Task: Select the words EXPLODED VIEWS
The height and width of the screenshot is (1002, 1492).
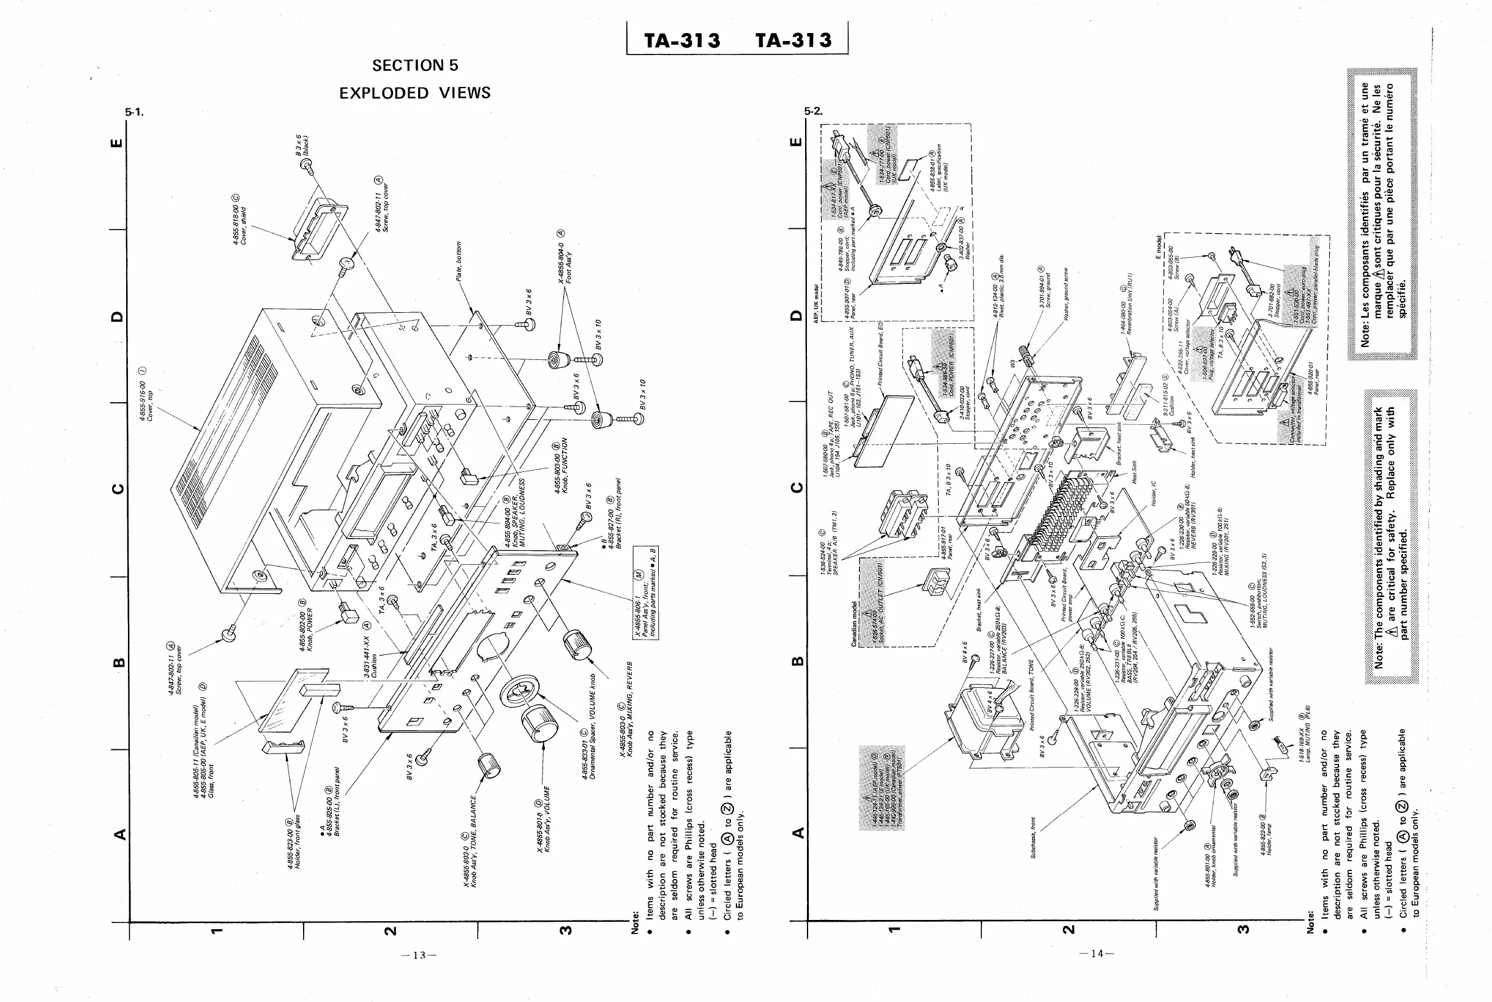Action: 414,93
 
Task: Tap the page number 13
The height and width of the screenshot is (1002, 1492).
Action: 419,955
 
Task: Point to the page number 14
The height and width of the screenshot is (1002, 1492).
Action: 1097,954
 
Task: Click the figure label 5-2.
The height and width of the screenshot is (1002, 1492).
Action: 814,111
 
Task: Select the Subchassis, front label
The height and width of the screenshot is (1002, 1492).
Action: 1033,837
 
